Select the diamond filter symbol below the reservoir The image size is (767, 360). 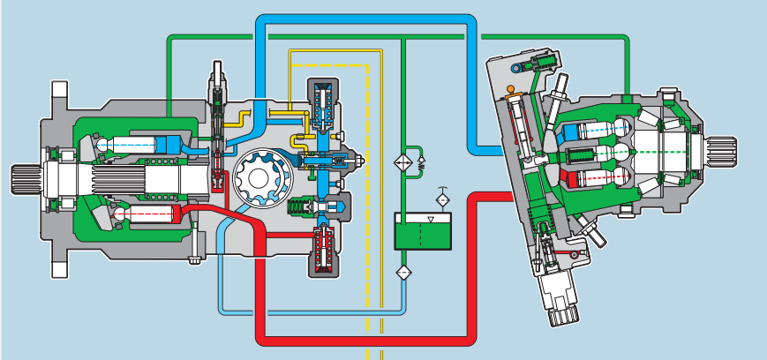(402, 272)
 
